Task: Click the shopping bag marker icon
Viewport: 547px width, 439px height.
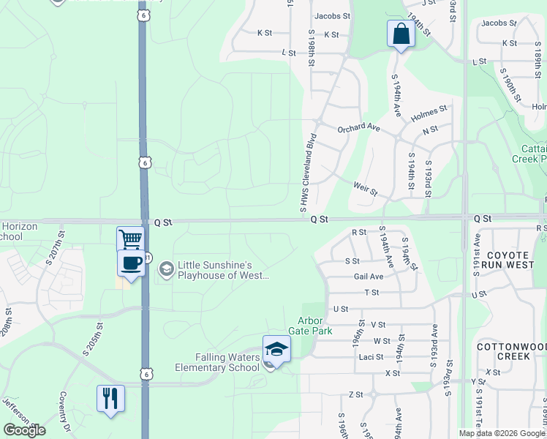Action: pos(401,34)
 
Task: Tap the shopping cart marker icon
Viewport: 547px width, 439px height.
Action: pos(130,239)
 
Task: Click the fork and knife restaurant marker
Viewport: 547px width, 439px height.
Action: pos(110,399)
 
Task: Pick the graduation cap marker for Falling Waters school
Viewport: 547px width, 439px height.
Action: pos(276,350)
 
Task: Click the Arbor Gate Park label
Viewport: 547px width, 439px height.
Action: pos(315,326)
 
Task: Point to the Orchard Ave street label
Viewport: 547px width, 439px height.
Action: pos(358,128)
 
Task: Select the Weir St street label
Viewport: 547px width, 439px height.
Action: pos(365,190)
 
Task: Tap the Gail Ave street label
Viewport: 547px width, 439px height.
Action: pos(369,277)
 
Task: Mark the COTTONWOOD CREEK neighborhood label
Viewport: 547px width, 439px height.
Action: pos(502,350)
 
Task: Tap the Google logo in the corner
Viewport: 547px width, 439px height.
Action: pos(24,430)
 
